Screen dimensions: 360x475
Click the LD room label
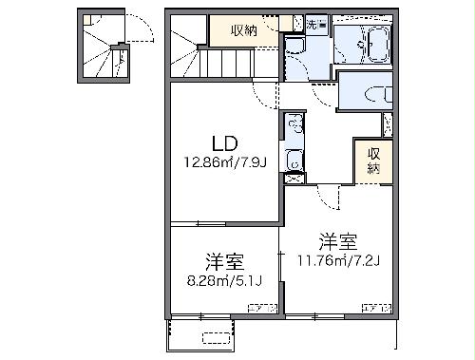pos(224,144)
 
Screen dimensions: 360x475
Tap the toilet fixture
pos(371,92)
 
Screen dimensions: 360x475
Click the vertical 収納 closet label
pos(374,162)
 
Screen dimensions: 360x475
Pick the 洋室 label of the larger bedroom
pos(337,240)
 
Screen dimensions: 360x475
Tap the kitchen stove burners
pos(294,163)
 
